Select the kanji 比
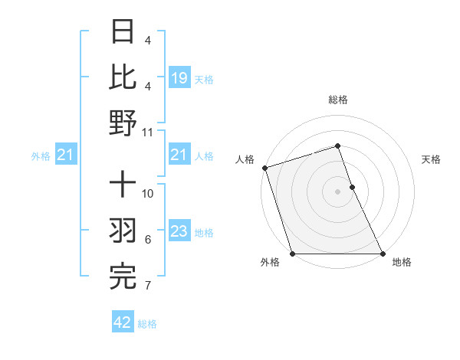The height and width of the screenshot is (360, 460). coord(123,77)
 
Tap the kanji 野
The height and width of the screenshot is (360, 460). coord(123,123)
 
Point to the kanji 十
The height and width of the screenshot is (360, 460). coord(123,186)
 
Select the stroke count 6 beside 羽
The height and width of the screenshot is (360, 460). coord(148,240)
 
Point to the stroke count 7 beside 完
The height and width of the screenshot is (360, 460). coord(148,286)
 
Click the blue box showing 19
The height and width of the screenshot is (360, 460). coord(179,78)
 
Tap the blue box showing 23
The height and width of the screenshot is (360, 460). coord(179,232)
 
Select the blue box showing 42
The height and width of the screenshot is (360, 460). coord(123,322)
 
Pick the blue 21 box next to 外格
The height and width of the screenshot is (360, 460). coord(65,156)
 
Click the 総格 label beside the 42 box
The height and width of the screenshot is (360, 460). coord(147,324)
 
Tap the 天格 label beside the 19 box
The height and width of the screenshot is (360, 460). coord(204,80)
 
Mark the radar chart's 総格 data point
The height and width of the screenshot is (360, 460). coord(337,146)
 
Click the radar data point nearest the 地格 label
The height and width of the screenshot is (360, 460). coord(382,254)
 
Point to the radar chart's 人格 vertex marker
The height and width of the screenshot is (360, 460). coord(264,168)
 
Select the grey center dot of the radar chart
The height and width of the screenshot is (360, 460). coord(337,191)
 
